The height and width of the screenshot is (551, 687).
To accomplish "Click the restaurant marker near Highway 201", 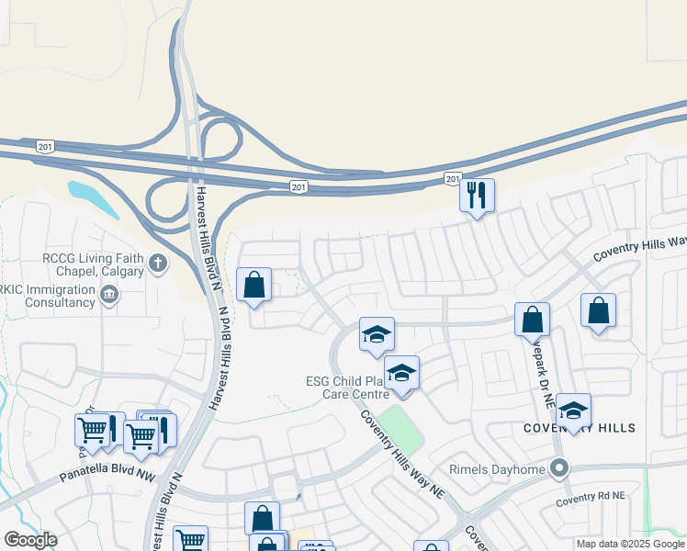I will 477,196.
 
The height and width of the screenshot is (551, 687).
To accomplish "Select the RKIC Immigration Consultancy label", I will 48,295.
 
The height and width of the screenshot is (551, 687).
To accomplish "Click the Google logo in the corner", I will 31,540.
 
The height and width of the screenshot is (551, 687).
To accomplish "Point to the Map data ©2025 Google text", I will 629,544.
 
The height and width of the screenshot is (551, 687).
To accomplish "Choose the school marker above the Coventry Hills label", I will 573,410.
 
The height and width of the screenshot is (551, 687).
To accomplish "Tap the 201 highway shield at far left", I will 45,146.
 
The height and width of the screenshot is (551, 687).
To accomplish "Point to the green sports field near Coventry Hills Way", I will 401,428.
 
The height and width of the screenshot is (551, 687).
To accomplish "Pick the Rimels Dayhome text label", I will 496,469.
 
